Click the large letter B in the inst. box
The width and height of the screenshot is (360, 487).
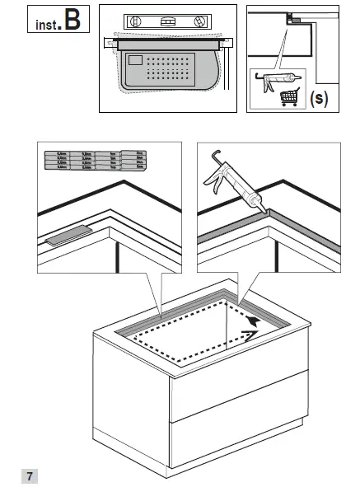tap(72, 21)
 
